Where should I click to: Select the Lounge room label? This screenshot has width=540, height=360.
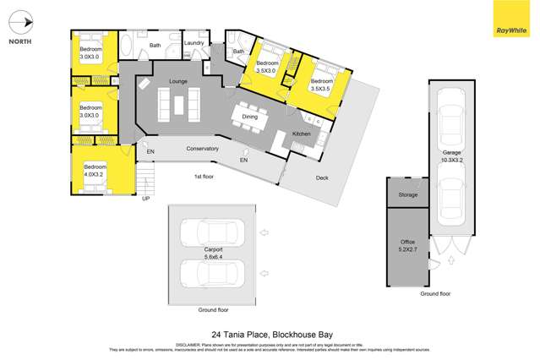[x=177, y=81]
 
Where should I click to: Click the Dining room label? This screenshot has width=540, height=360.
[x=250, y=106]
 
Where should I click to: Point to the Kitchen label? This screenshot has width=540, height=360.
[x=302, y=134]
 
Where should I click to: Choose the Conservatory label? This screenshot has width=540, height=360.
[x=203, y=149]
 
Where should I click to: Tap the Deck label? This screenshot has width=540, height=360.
[x=321, y=177]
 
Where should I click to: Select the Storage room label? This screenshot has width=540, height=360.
[x=408, y=195]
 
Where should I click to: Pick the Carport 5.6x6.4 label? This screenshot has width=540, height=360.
[x=213, y=254]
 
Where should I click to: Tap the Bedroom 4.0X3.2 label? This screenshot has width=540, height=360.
[x=95, y=170]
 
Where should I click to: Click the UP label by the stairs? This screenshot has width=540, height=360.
[x=145, y=199]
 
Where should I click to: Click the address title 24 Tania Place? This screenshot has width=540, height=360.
[x=269, y=334]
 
